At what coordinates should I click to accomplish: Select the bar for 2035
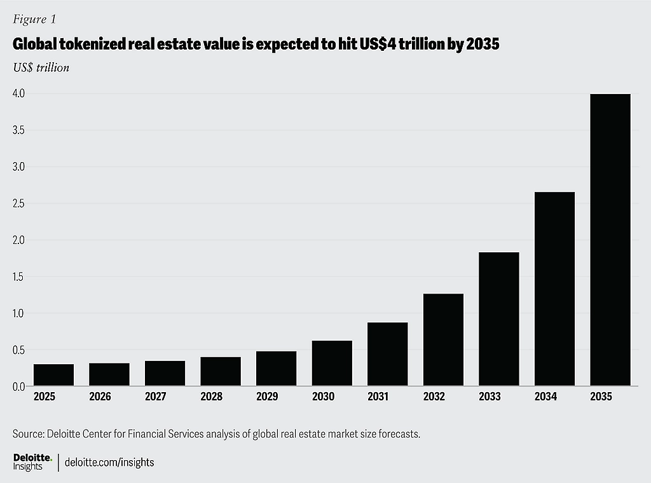tap(610, 240)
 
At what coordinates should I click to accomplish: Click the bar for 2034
tap(554, 289)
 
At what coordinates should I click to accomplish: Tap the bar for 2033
tap(498, 319)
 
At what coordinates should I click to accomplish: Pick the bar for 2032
tap(443, 339)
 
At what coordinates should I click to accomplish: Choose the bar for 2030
tap(332, 363)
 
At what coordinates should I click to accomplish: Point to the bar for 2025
tap(53, 374)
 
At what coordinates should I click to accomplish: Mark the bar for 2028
tap(221, 371)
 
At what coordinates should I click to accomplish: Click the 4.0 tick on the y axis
tap(18, 93)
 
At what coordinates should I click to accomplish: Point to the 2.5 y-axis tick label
tap(18, 203)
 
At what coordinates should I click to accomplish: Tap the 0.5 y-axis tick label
tap(18, 350)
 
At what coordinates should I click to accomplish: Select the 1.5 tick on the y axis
tap(18, 277)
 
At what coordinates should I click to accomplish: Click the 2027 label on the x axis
tap(156, 397)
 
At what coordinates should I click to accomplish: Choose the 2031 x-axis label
tap(379, 397)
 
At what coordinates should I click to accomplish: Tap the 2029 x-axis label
tap(267, 397)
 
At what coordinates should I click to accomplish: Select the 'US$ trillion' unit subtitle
tap(41, 67)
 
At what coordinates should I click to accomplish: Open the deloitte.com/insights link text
tap(109, 462)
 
